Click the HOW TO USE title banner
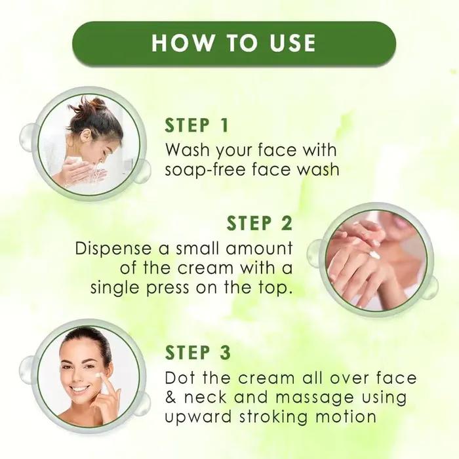click(x=233, y=43)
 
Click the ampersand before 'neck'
click(x=172, y=398)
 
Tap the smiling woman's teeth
click(x=80, y=388)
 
